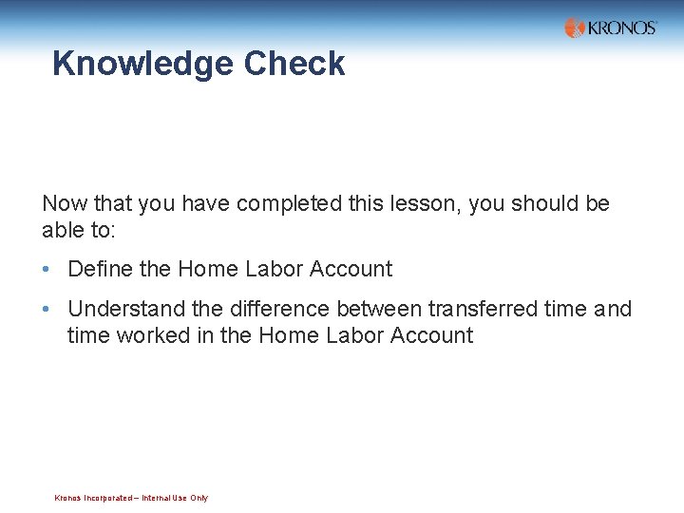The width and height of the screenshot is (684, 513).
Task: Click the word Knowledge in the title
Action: pos(142,65)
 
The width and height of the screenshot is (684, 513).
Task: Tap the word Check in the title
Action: pos(294,64)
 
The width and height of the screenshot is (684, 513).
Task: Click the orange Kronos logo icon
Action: pos(575,28)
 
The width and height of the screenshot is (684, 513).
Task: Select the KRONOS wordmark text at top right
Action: pos(622,28)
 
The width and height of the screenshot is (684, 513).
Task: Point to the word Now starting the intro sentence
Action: pos(64,203)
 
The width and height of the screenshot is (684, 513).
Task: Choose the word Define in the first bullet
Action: pos(100,269)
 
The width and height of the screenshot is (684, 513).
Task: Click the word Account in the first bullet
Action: pos(352,269)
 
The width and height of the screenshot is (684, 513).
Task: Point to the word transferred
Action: pos(484,309)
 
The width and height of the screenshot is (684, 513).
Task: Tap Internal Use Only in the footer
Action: pos(175,498)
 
